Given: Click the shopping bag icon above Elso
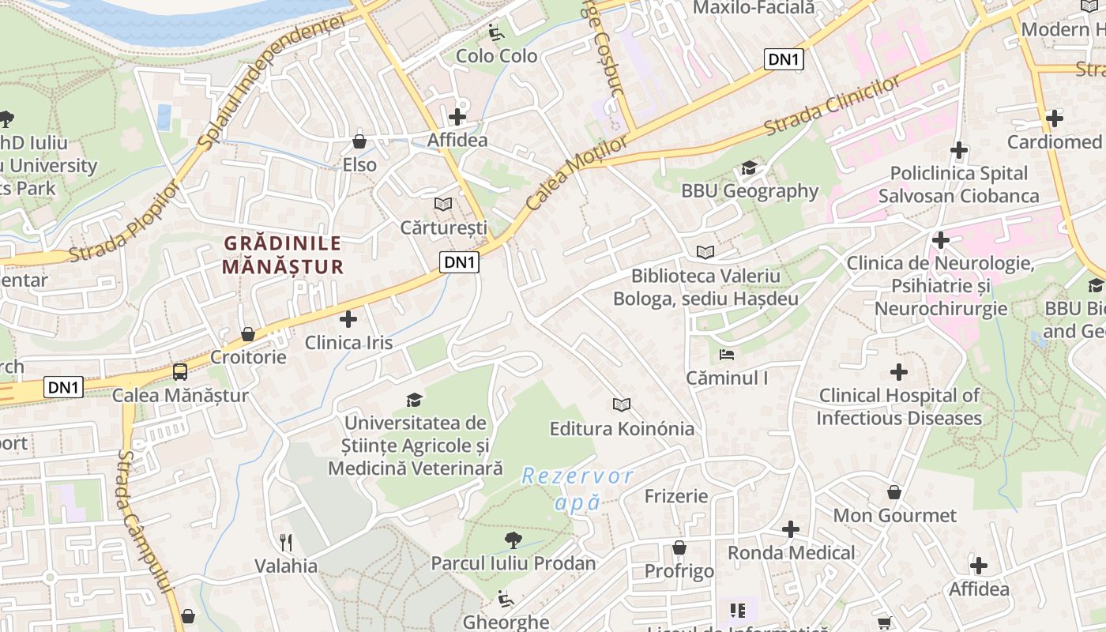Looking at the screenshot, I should point(359,142).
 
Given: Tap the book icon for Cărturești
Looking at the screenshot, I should point(443,205).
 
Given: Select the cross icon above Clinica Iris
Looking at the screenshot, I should point(348,319).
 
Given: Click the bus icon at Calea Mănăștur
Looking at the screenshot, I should point(180,372).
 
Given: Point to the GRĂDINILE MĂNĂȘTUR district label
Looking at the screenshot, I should point(283,255).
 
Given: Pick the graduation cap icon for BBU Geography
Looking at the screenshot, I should point(749,168).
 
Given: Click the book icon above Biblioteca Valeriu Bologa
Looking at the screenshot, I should point(705,253).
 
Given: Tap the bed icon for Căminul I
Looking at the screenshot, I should point(727,355).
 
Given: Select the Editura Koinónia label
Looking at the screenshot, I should point(622,429).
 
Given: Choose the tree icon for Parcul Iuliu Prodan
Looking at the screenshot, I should point(513,540).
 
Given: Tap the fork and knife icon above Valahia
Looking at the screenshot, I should point(286,543).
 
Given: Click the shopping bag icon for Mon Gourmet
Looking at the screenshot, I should point(894,492).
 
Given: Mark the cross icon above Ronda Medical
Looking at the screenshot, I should point(791,529).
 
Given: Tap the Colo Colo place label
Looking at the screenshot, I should point(497,56).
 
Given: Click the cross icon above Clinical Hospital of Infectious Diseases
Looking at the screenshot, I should point(898,372).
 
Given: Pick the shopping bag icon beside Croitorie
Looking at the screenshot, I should point(248,334).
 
